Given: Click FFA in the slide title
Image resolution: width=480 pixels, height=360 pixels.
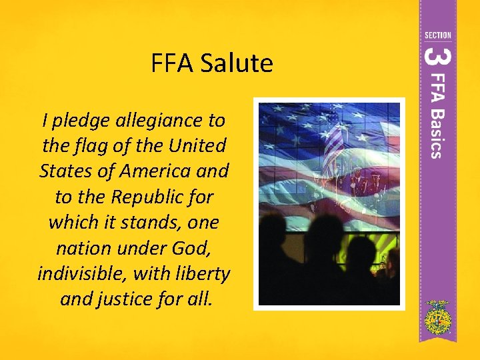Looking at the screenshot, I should coord(172,64).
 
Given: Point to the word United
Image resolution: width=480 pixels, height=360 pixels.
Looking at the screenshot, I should coord(197,145).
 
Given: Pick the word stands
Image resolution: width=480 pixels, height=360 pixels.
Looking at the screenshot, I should coord(163,222).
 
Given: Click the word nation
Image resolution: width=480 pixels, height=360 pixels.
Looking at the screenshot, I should coord(77,248).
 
